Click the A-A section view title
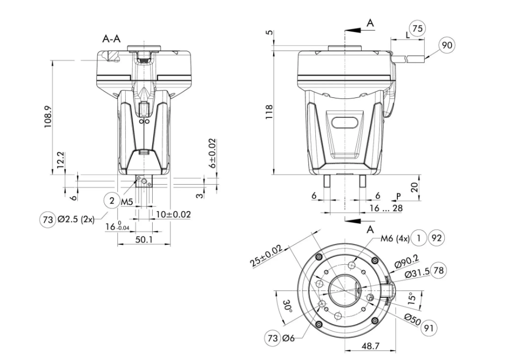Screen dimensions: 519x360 tap(111, 39)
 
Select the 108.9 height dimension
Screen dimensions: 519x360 tap(48, 117)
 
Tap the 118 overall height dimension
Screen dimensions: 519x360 tap(269, 112)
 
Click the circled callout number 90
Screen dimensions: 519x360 tap(447, 45)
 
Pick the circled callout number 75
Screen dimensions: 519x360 tap(418, 28)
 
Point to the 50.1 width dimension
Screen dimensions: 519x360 tap(144, 239)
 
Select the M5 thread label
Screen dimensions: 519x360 tap(127, 202)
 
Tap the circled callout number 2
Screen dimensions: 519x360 tap(112, 201)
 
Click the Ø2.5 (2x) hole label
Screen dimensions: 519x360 tap(76, 219)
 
